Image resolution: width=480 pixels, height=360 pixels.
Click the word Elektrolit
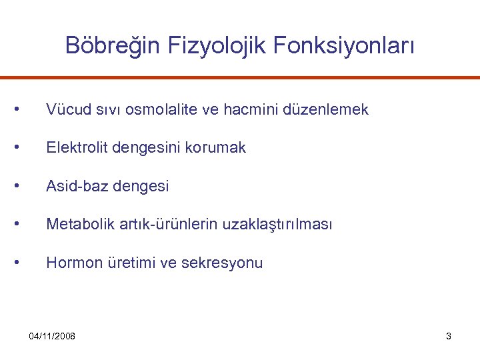click(74, 148)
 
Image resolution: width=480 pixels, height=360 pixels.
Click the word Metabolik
click(76, 225)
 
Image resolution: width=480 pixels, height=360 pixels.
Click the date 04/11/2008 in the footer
click(52, 336)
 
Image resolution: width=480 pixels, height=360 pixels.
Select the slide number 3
click(449, 336)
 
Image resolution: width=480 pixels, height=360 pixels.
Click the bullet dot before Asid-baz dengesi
click(24, 185)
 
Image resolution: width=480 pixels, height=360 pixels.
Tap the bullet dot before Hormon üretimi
click(24, 262)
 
